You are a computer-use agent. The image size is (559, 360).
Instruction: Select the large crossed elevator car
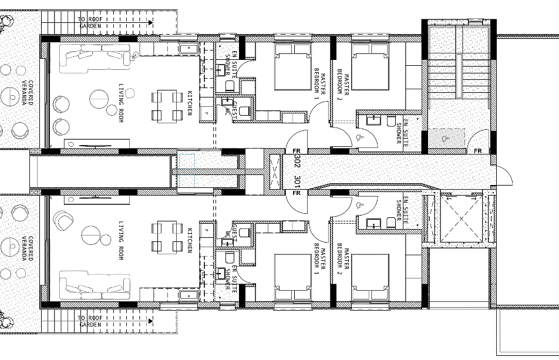click(x=462, y=218)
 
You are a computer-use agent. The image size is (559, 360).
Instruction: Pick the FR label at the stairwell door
click(x=478, y=151)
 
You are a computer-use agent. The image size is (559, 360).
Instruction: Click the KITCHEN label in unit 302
click(x=190, y=103)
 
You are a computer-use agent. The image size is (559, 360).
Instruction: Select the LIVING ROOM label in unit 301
click(x=120, y=241)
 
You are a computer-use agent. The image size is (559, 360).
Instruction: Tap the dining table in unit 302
click(x=167, y=106)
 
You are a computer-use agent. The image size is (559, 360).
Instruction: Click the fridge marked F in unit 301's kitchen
click(x=206, y=230)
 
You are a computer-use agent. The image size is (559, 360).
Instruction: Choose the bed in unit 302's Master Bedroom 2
click(x=370, y=66)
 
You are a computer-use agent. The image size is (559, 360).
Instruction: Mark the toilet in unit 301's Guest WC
click(x=244, y=232)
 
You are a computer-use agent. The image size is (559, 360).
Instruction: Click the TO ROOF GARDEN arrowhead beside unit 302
click(x=151, y=22)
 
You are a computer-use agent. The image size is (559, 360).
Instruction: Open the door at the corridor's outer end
click(x=503, y=176)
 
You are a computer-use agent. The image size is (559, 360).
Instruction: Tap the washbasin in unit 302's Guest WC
click(x=227, y=102)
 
